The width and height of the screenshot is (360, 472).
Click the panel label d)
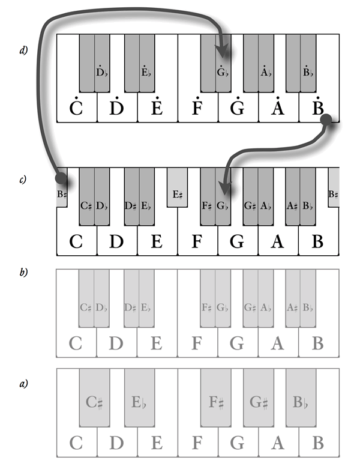pos(23,51)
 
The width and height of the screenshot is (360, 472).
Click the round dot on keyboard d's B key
pos(326,121)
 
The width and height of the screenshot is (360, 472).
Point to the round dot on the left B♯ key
pos(61,178)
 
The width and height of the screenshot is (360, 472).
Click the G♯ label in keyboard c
pos(250,205)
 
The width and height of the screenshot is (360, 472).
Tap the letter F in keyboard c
pos(197,241)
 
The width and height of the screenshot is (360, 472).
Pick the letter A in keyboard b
pos(277,343)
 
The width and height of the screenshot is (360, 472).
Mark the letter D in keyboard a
pos(116,443)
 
